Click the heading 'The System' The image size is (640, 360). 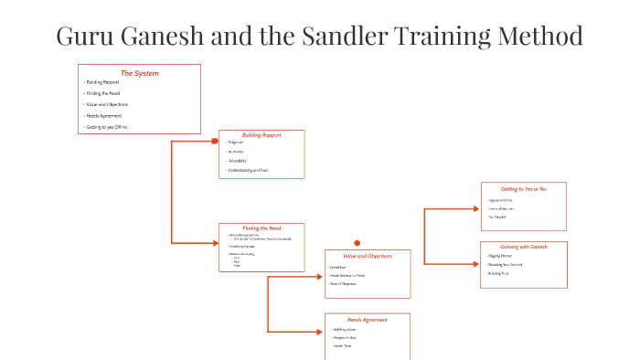tap(139, 72)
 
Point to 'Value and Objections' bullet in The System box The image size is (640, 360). tap(107, 104)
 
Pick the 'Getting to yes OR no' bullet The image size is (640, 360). tap(107, 127)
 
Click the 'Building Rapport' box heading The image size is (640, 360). tap(261, 135)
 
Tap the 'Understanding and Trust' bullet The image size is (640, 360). tap(248, 170)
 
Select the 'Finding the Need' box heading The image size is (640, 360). tap(261, 228)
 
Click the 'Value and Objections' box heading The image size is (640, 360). tap(368, 256)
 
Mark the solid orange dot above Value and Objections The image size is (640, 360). tap(357, 243)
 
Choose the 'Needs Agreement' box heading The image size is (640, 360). tap(368, 320)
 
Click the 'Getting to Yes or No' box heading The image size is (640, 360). tap(524, 188)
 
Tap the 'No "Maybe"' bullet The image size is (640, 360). tap(498, 217)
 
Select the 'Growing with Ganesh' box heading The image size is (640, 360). tap(524, 247)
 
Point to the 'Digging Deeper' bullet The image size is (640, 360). tap(500, 257)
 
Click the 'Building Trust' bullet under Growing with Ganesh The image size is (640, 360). tap(499, 273)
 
